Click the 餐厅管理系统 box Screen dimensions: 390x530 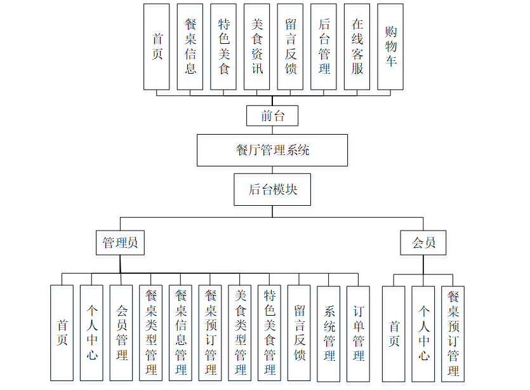[272, 151]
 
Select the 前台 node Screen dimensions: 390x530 [272, 116]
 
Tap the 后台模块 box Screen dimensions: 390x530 [272, 189]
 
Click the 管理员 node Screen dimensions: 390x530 [121, 243]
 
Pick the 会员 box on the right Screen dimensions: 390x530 [423, 243]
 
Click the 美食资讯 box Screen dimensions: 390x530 [257, 46]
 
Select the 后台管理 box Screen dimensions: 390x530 [324, 46]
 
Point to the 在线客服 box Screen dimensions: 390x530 [357, 46]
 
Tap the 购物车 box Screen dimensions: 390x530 [390, 46]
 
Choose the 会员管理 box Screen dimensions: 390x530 [121, 333]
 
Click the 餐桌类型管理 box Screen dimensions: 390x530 [151, 333]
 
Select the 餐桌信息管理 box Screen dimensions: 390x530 [181, 333]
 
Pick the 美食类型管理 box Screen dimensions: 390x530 [240, 333]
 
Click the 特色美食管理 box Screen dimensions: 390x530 [270, 333]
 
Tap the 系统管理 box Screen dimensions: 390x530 [329, 333]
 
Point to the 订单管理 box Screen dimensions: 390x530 [359, 333]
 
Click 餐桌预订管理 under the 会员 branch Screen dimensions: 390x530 [453, 333]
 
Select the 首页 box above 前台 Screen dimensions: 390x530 [157, 46]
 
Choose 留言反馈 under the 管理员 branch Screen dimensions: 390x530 [299, 333]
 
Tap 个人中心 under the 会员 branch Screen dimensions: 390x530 [423, 333]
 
